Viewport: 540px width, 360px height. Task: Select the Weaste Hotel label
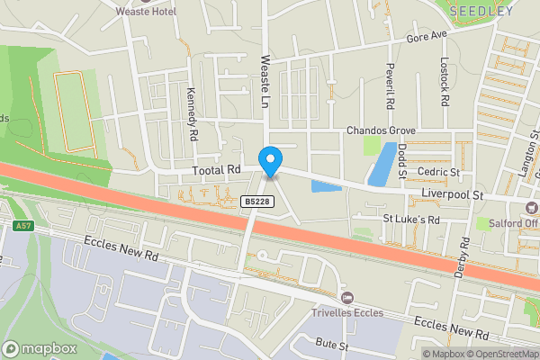(x=146, y=11)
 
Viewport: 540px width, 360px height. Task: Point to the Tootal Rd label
(x=217, y=169)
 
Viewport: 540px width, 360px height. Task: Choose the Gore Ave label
(x=427, y=37)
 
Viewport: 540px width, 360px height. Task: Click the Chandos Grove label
(x=381, y=130)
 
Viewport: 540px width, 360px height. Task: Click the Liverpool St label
(x=453, y=194)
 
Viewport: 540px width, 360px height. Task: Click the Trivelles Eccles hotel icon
(x=347, y=297)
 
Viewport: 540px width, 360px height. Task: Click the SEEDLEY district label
(x=481, y=12)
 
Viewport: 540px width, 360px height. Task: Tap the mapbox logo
(x=40, y=348)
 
